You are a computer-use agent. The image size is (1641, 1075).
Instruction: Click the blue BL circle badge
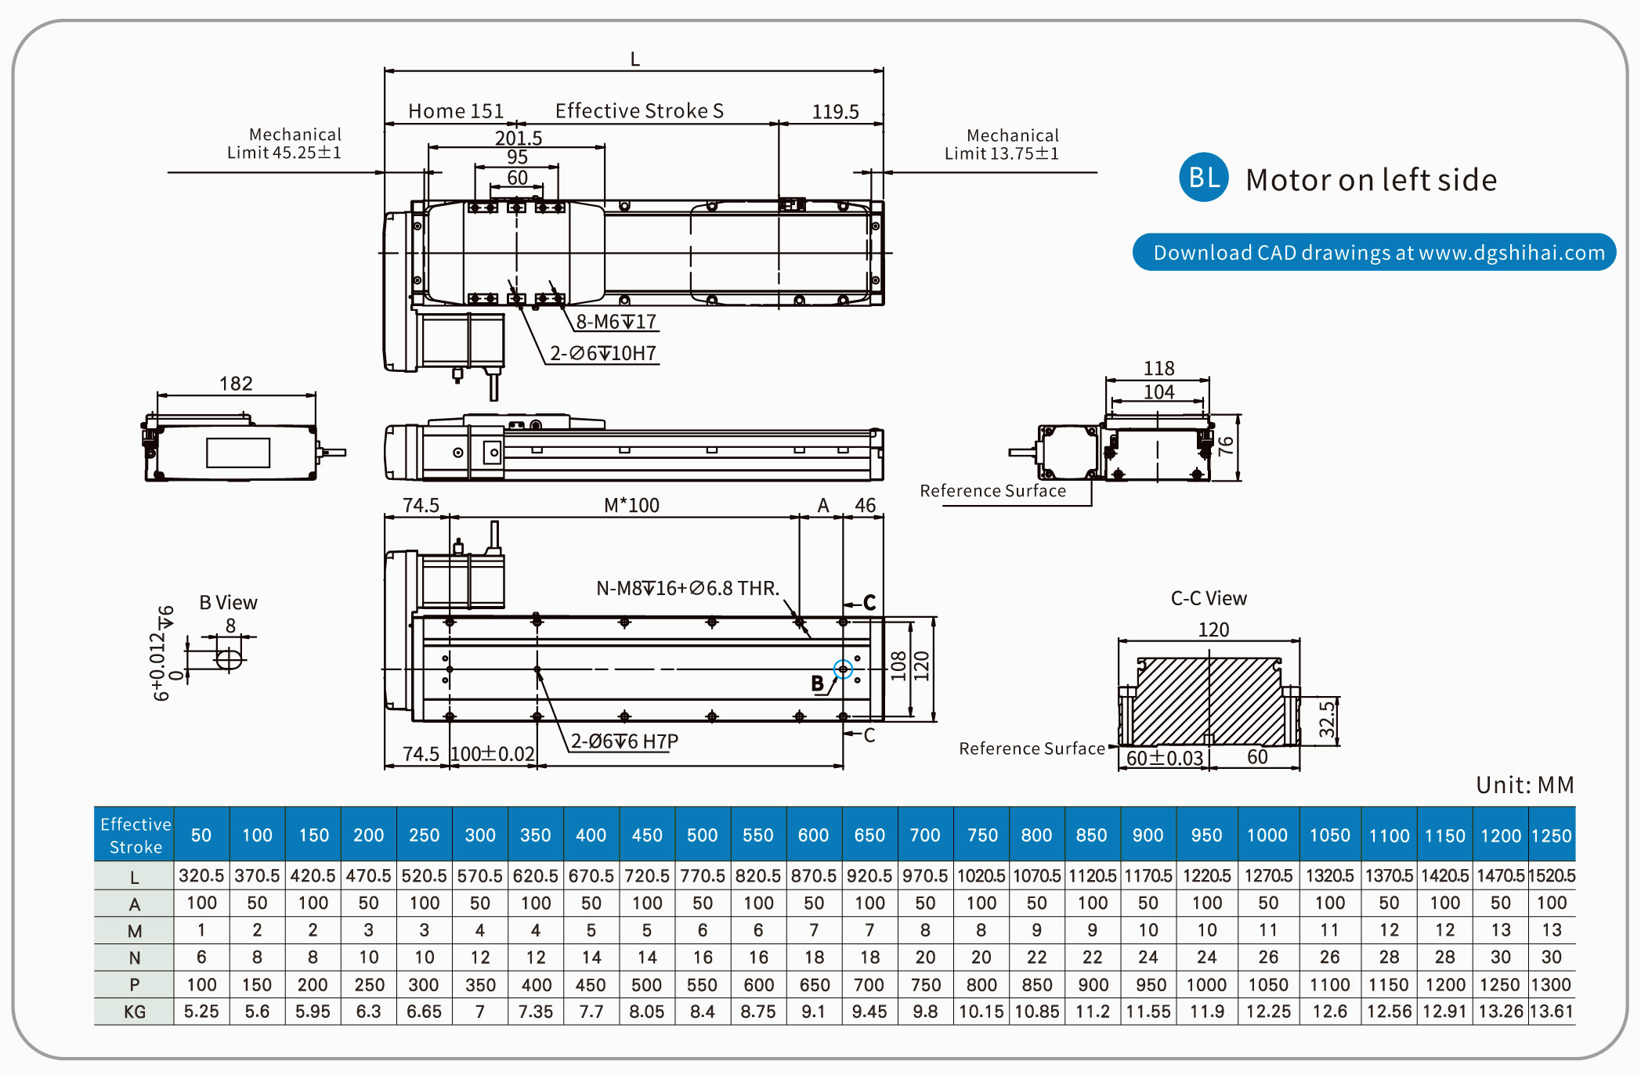point(1203,178)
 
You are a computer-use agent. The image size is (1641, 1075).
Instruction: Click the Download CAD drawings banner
point(1374,252)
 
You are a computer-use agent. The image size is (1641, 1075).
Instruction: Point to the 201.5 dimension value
point(518,138)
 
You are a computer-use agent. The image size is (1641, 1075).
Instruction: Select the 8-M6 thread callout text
point(616,322)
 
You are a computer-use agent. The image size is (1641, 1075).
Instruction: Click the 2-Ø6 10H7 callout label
point(602,353)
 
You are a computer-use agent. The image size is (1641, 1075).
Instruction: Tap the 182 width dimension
point(236,384)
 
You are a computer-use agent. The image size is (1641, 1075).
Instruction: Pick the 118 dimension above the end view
point(1158,368)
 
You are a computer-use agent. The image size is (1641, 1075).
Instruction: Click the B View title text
point(228,602)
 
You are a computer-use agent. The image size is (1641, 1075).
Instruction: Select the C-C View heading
point(1209,598)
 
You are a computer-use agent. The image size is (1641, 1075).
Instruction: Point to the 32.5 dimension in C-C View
point(1326,720)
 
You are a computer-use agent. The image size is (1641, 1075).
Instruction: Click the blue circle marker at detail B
point(843,669)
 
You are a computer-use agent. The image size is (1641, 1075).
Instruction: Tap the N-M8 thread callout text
point(687,588)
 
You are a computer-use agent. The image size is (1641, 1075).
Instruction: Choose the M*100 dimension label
point(631,505)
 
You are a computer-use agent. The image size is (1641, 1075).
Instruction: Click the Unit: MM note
point(1524,785)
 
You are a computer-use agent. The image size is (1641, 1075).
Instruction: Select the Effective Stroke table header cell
point(135,835)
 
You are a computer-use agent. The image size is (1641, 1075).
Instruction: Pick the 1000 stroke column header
point(1267,835)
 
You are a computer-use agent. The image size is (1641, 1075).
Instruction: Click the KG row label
point(135,1012)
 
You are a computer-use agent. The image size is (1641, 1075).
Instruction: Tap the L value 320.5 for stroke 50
point(201,875)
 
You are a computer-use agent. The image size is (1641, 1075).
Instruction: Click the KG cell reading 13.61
point(1551,1012)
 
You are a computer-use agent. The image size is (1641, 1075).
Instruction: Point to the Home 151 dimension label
point(456,111)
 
